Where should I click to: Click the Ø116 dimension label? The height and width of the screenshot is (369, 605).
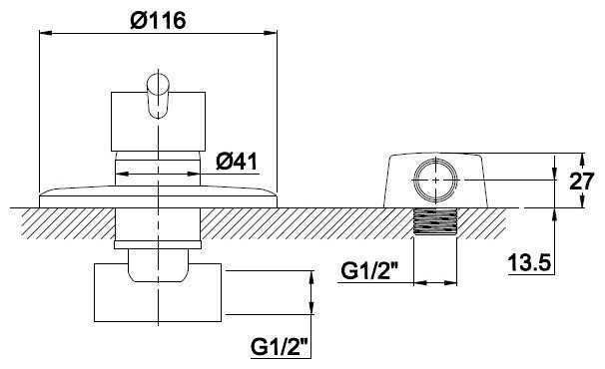(158, 20)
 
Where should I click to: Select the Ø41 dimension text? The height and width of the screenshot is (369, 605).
(237, 162)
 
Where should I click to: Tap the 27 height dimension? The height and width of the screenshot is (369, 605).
(582, 181)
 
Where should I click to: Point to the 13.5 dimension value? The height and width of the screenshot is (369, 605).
(529, 263)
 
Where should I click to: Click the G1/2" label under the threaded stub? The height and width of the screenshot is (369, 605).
(370, 272)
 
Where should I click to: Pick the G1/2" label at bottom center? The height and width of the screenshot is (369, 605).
(281, 347)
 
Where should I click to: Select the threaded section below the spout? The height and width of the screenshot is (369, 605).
(435, 221)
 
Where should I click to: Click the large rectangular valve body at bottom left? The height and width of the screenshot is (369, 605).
(158, 292)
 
